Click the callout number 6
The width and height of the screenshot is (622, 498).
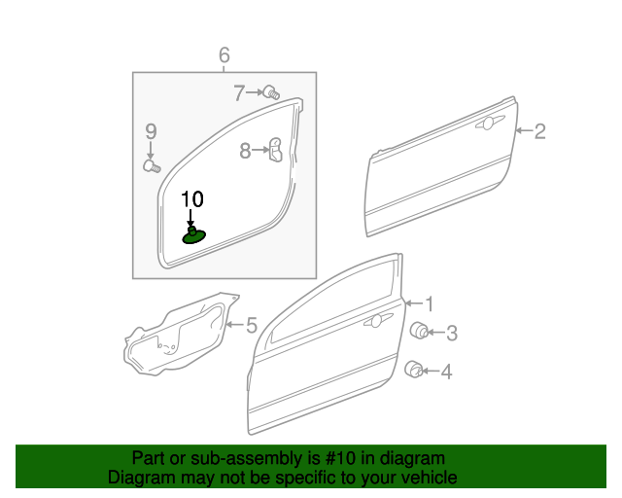click(x=224, y=55)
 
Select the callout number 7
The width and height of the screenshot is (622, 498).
click(x=240, y=93)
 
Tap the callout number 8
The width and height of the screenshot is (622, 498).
click(x=246, y=150)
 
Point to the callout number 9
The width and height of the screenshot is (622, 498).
click(x=151, y=131)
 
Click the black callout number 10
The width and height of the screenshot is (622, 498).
click(x=192, y=199)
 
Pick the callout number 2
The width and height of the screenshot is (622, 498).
click(x=540, y=131)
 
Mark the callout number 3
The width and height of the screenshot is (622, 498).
click(x=451, y=333)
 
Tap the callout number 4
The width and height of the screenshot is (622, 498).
click(x=447, y=371)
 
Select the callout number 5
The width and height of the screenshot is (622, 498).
click(x=251, y=325)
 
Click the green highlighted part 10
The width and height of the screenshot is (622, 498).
click(x=194, y=235)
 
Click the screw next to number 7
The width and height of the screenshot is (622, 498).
click(x=272, y=93)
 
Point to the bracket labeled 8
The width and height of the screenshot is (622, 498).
click(x=275, y=149)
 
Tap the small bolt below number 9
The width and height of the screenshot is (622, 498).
click(x=152, y=166)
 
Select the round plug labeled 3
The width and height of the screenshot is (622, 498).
click(x=421, y=331)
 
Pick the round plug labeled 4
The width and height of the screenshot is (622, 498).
click(x=414, y=369)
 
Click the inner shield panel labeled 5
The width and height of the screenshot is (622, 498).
click(x=175, y=337)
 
